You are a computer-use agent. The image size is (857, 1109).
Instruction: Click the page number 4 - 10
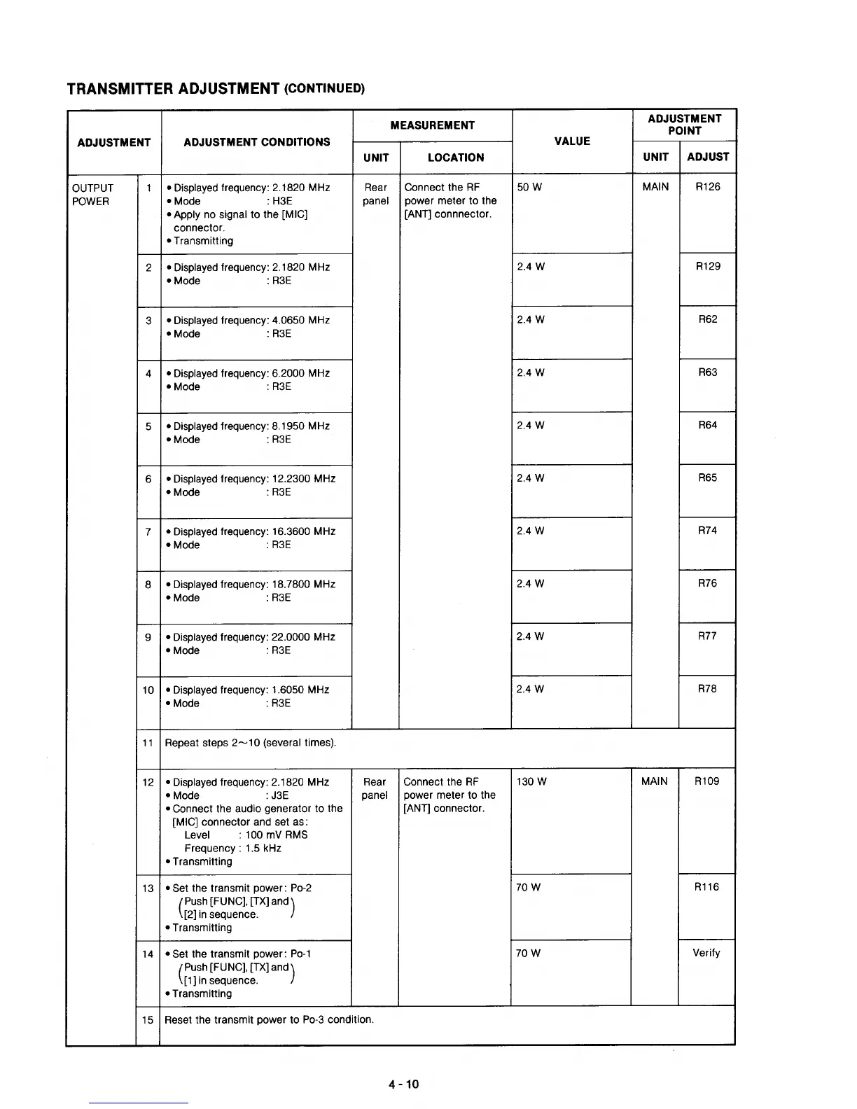(x=404, y=1084)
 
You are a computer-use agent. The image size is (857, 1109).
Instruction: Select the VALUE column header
(x=572, y=141)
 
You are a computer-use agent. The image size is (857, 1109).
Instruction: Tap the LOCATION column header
(x=456, y=158)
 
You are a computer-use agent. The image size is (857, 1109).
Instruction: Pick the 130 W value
(x=531, y=782)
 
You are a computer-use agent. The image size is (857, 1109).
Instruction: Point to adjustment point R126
(x=708, y=187)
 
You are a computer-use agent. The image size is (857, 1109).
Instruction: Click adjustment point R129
(x=708, y=267)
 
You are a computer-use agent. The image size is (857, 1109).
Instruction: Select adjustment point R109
(x=706, y=781)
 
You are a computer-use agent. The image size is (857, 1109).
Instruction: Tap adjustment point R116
(x=706, y=887)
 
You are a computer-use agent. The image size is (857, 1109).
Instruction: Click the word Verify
(x=706, y=953)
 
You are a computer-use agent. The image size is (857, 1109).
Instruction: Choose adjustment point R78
(x=707, y=689)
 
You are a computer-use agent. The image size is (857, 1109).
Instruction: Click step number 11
(x=148, y=743)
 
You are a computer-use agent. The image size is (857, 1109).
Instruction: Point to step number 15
(x=148, y=1020)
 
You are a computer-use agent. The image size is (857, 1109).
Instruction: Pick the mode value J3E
(x=279, y=795)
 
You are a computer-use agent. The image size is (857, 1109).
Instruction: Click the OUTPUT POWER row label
(x=92, y=195)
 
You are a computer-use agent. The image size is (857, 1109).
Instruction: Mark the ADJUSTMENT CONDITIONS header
(x=256, y=142)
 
